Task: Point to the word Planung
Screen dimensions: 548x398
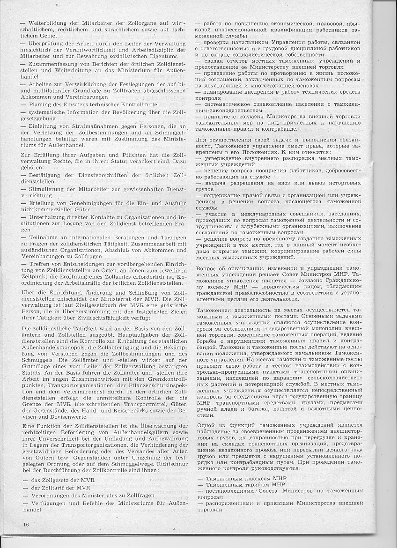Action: coord(42,104)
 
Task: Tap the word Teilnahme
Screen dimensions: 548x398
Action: coord(44,237)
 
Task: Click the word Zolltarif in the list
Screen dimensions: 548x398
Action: coord(53,488)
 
